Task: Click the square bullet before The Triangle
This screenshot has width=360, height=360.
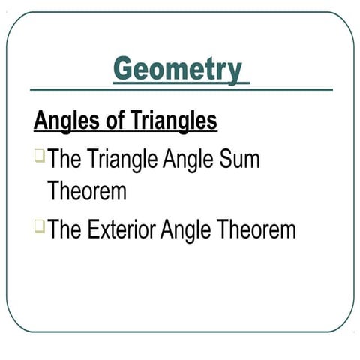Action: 39,157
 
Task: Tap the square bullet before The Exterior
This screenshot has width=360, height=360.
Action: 39,224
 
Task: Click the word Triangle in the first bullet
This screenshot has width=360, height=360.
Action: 136,160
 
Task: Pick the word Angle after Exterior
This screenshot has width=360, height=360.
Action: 185,229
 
